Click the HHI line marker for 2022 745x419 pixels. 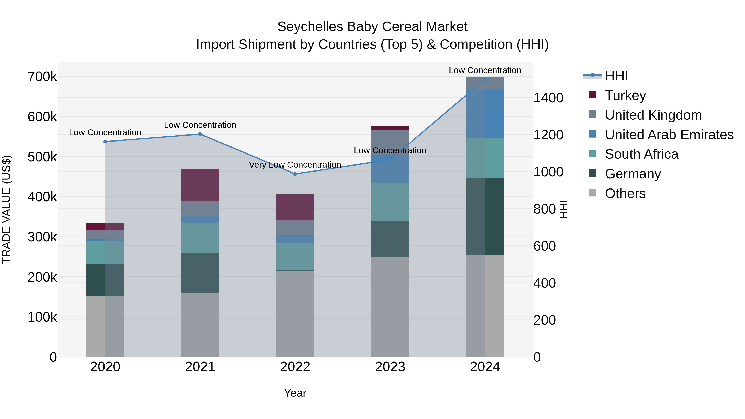pos(295,174)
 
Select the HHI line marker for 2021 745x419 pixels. pos(200,134)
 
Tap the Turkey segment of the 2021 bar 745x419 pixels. pos(200,185)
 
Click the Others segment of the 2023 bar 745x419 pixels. pos(390,306)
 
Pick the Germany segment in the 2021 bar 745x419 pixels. pos(200,273)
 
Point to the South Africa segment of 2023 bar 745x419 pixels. pos(390,202)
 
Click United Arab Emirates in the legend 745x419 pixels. pos(669,135)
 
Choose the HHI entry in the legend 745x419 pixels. pos(616,76)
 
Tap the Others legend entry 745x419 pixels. pos(625,193)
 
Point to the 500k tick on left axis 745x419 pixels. pos(42,157)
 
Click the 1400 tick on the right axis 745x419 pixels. pos(548,98)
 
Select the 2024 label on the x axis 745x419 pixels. pos(485,367)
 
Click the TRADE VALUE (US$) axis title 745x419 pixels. pos(6,209)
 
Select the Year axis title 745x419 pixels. pos(295,393)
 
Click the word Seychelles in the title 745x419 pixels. pos(310,27)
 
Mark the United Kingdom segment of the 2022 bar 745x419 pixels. pos(295,228)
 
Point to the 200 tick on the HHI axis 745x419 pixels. pos(544,320)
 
